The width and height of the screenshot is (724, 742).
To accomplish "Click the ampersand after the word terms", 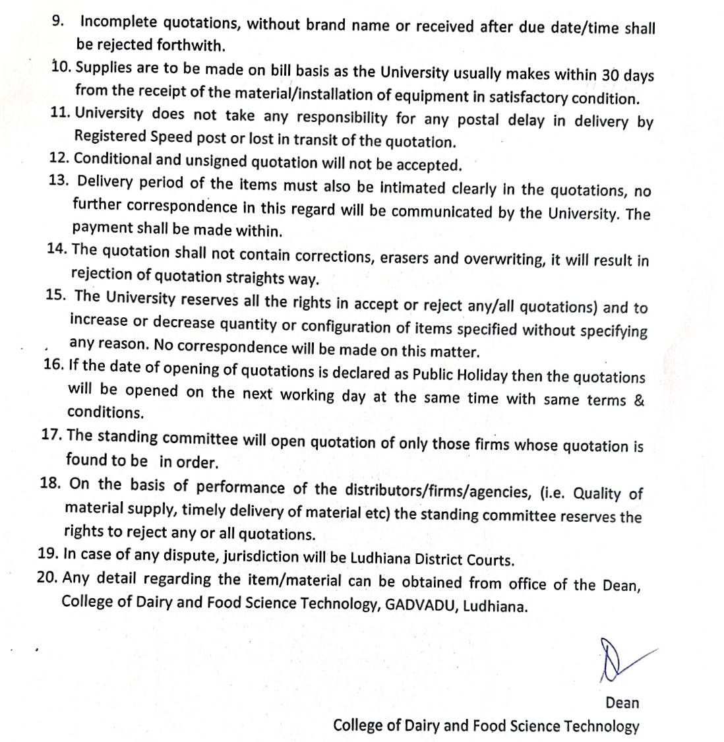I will click(638, 400).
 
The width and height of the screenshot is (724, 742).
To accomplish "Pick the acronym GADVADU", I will click(421, 604).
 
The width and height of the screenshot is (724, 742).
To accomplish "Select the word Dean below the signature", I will click(622, 702).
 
